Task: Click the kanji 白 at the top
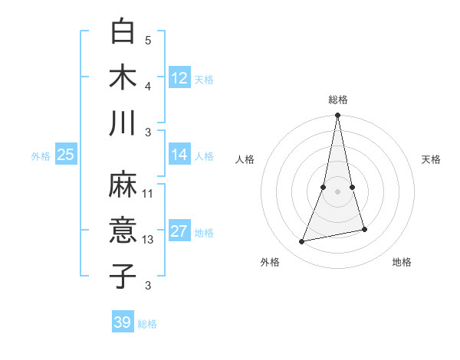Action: click(x=123, y=31)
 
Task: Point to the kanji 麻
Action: click(x=123, y=185)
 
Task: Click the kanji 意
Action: click(x=123, y=231)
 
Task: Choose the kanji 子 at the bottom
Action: click(x=123, y=276)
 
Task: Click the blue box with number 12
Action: click(x=179, y=78)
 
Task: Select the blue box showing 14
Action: click(x=179, y=155)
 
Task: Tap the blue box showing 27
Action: click(x=179, y=231)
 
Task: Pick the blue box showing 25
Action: click(x=65, y=155)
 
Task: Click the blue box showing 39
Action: click(x=122, y=322)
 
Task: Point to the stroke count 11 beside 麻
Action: click(x=148, y=194)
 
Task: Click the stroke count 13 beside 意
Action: click(x=148, y=240)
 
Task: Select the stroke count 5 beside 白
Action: click(x=148, y=41)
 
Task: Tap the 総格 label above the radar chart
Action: click(x=338, y=100)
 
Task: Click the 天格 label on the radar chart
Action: click(x=432, y=159)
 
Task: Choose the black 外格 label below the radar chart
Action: click(x=270, y=262)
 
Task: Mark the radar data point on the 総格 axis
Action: click(x=338, y=116)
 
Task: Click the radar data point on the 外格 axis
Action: click(x=302, y=241)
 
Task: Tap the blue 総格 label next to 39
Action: click(x=147, y=324)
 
